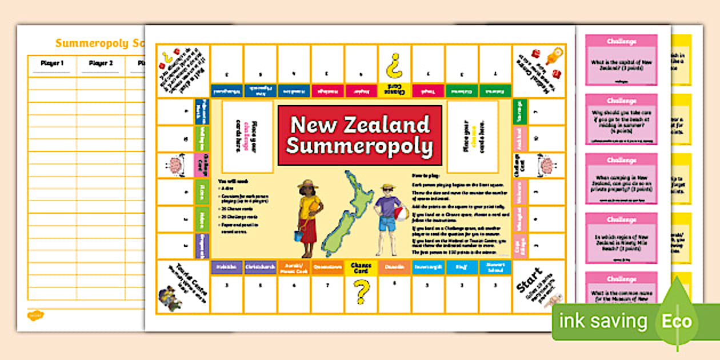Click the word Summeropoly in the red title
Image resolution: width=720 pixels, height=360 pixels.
click(x=359, y=146)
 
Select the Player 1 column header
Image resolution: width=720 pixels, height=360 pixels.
click(x=52, y=63)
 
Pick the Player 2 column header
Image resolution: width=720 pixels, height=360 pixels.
click(x=101, y=63)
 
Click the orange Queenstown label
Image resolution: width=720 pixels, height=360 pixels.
click(x=327, y=266)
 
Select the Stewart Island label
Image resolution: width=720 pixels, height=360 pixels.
click(x=495, y=266)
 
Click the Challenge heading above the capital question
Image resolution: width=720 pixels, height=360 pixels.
click(x=621, y=42)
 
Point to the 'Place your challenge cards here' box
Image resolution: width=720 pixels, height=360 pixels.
click(x=247, y=137)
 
